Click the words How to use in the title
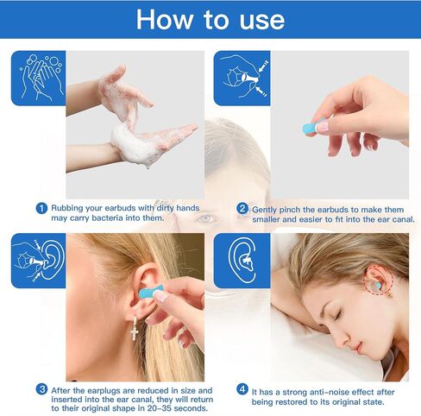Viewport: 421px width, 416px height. tap(210, 20)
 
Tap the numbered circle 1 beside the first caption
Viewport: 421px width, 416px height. tap(41, 208)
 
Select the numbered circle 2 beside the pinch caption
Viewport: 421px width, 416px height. tap(242, 208)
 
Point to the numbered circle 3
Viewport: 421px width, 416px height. tap(41, 390)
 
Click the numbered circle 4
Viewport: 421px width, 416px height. tap(242, 389)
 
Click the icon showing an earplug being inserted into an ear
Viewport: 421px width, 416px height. tap(38, 261)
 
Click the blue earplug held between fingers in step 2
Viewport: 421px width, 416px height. tap(311, 129)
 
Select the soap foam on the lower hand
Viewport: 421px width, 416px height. tap(131, 144)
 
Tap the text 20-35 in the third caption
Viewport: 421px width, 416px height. tap(160, 408)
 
